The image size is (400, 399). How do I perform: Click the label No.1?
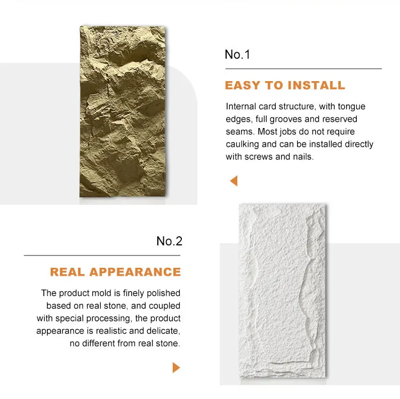point(237,54)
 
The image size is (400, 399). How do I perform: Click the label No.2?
point(170,241)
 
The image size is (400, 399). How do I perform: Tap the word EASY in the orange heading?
point(243,85)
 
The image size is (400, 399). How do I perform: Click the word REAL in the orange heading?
point(68,272)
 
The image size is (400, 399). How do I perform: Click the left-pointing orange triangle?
point(233,181)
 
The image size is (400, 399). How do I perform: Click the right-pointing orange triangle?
point(176,368)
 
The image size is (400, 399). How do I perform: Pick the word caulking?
point(243,144)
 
